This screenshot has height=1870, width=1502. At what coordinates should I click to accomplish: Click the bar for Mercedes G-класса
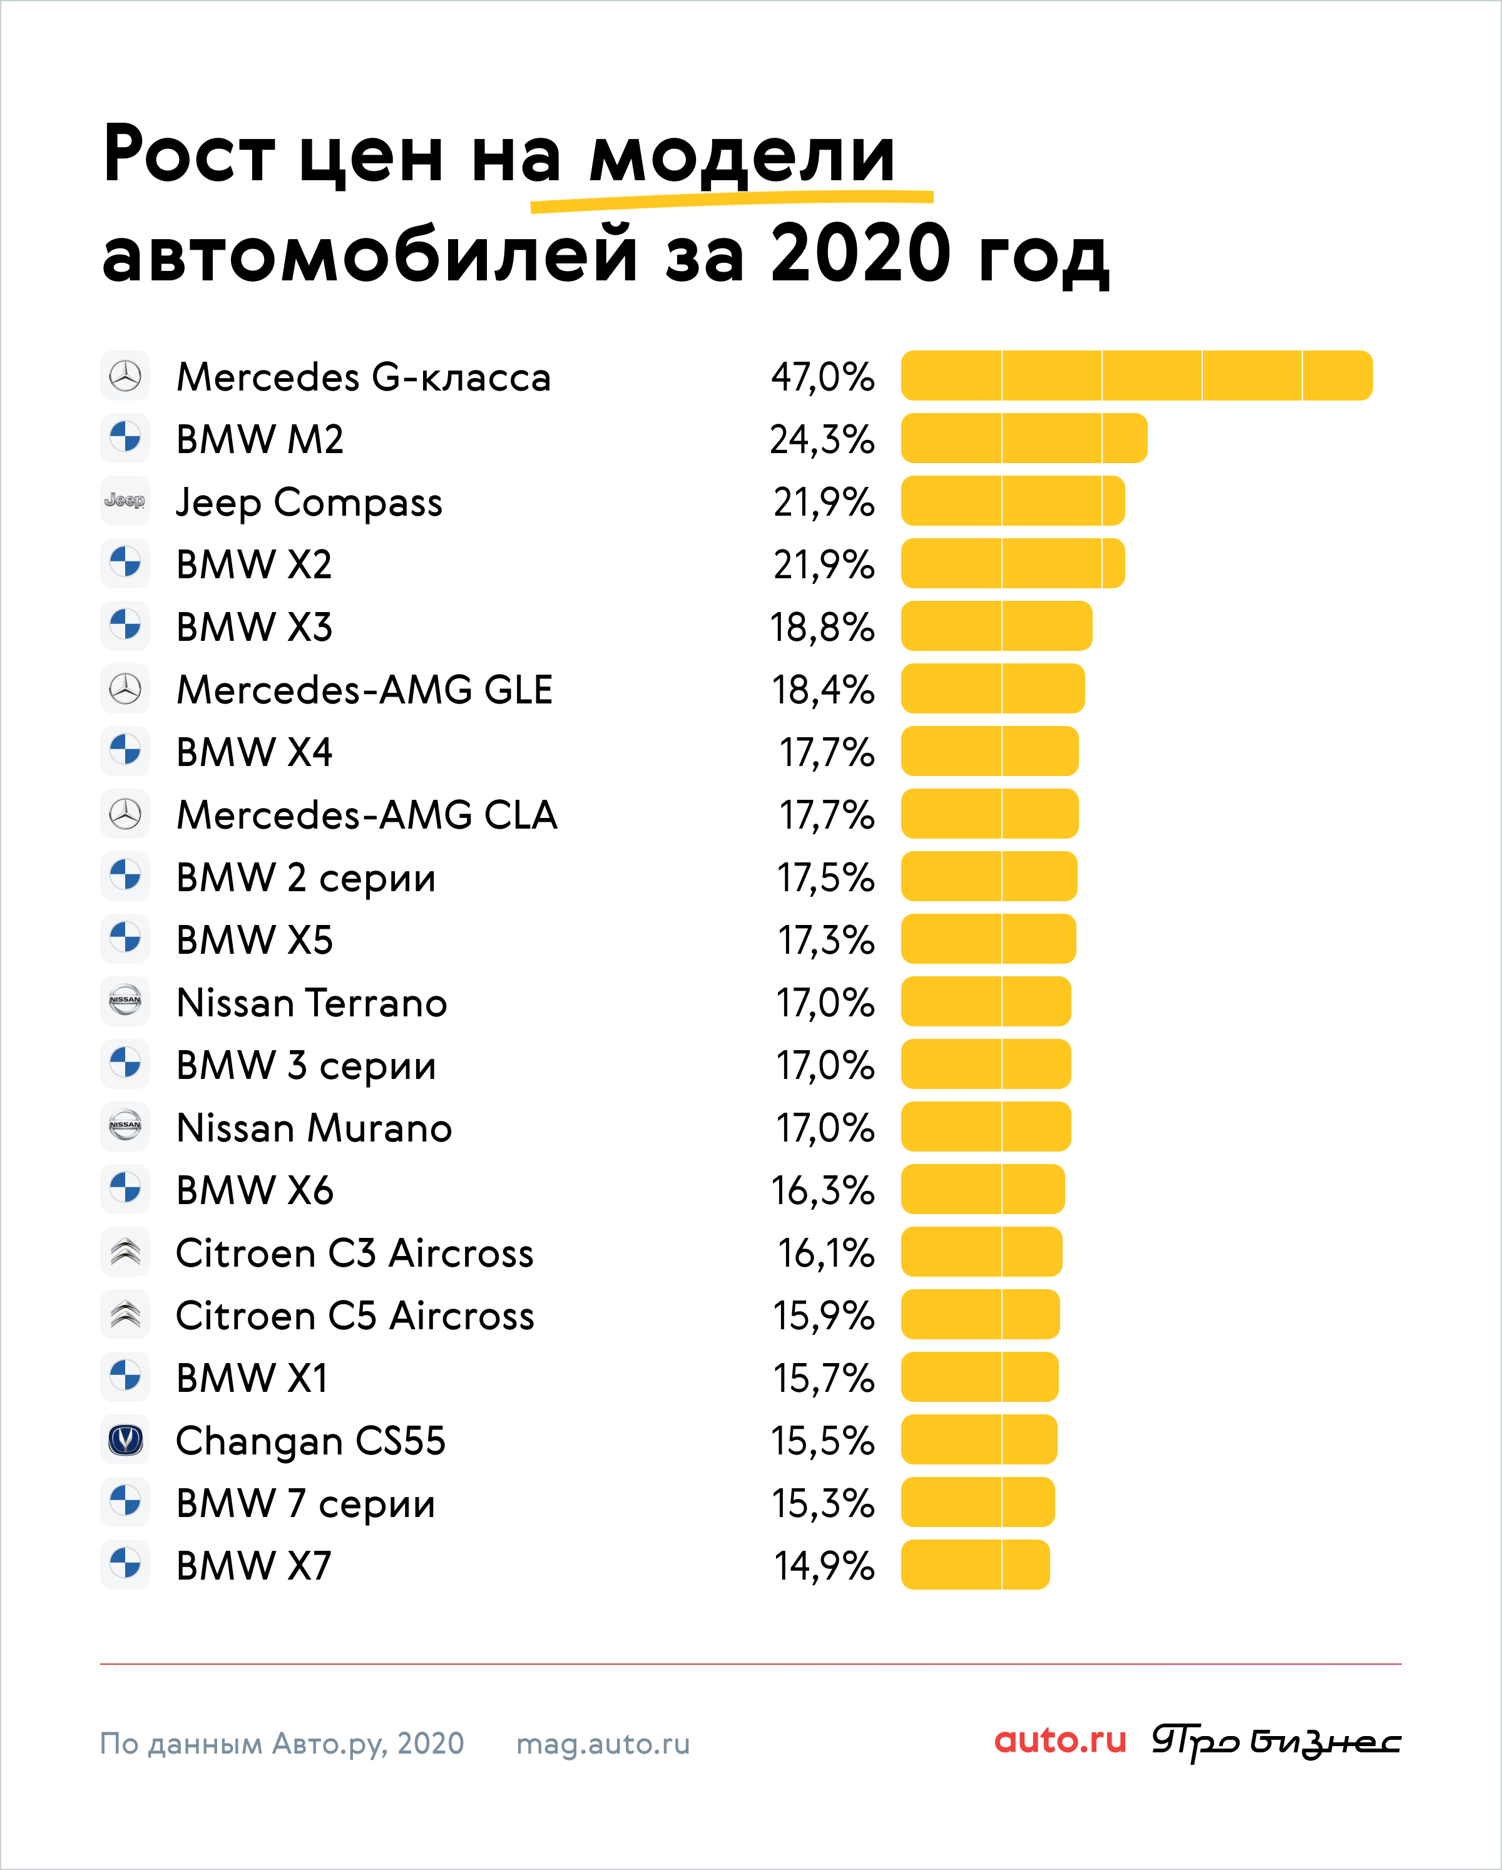(x=1136, y=376)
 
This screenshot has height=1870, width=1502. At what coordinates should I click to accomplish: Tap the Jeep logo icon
(x=125, y=501)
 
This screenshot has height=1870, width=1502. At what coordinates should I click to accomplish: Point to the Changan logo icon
(x=125, y=1440)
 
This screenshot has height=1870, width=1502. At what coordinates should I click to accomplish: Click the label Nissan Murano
(x=314, y=1128)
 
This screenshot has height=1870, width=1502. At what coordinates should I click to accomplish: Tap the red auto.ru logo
(x=1060, y=1741)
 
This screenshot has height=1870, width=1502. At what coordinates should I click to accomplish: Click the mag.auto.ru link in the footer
(x=603, y=1744)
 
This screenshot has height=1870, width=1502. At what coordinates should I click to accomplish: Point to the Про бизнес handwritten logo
(x=1275, y=1742)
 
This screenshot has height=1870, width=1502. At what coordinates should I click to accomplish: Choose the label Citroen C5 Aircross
(x=355, y=1315)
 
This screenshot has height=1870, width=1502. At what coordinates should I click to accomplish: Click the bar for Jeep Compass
(x=1012, y=501)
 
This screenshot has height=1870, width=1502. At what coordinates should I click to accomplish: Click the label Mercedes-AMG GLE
(x=364, y=690)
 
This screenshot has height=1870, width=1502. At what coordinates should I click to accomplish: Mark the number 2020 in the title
(x=861, y=253)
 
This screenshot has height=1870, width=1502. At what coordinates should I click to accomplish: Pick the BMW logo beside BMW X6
(x=125, y=1189)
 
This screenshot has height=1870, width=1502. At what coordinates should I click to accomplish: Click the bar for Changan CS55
(x=978, y=1440)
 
